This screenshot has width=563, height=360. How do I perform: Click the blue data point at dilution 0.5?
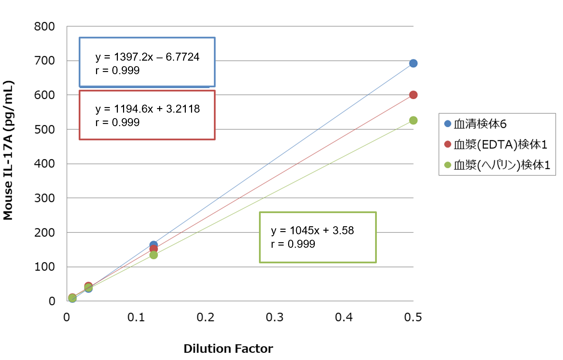coord(413,63)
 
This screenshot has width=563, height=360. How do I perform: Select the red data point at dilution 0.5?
coord(413,95)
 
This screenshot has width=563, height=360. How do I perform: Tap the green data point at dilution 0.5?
coord(413,120)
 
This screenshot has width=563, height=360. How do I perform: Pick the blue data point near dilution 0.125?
coord(154,244)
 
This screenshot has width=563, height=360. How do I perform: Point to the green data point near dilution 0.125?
coord(154,255)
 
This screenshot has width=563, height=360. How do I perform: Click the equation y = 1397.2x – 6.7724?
coord(147,57)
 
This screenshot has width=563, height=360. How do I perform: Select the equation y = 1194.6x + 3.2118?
coord(148,109)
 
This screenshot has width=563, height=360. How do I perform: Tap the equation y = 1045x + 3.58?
coord(312,230)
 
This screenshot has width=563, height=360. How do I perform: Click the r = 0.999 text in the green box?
coord(293,244)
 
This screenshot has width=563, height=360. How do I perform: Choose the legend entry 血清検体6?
coord(475,124)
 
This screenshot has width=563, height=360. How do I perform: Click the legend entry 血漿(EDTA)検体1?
coord(495,144)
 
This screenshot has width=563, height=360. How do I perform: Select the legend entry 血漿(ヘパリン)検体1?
coord(497,165)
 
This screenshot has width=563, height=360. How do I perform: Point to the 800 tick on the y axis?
coord(44,26)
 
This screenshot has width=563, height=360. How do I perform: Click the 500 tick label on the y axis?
coord(44,130)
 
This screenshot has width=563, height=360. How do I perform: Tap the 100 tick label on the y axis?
coord(44,267)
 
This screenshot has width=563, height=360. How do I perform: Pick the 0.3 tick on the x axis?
coord(275,317)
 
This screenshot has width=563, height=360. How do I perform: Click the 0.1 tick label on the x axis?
coord(136,317)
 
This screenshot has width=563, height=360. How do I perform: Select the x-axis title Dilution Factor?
coord(228,349)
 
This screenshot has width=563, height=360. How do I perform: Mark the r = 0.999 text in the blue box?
coord(118,70)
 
